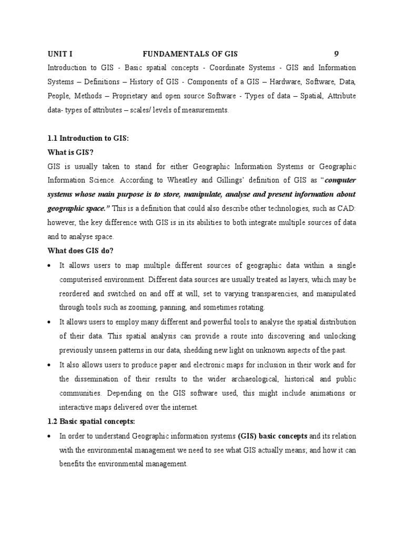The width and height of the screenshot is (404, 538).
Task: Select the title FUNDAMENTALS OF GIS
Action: pos(190,54)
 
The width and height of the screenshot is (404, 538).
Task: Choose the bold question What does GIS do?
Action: pos(80,251)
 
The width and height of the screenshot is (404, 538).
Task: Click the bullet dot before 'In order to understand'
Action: pos(49,436)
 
